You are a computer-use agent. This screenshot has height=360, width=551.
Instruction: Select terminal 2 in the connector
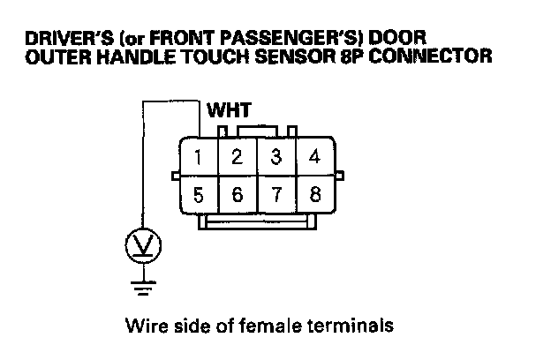click(x=238, y=159)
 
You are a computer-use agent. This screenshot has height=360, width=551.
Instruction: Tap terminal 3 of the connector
click(x=276, y=159)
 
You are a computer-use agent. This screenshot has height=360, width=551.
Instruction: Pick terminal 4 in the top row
click(x=314, y=159)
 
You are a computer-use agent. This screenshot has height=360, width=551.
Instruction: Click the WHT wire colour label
click(x=230, y=112)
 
